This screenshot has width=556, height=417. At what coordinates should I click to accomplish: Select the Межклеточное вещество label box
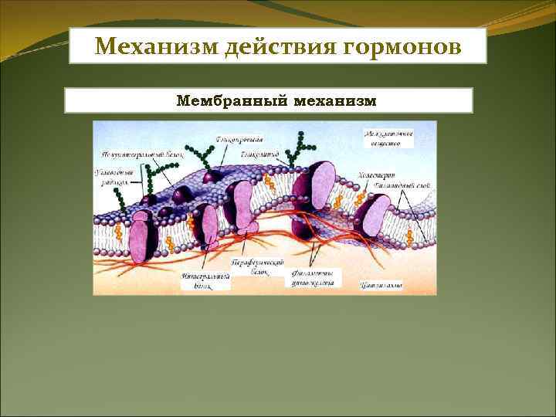click(x=388, y=137)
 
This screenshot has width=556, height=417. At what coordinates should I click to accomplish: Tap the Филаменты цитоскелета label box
click(x=313, y=278)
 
